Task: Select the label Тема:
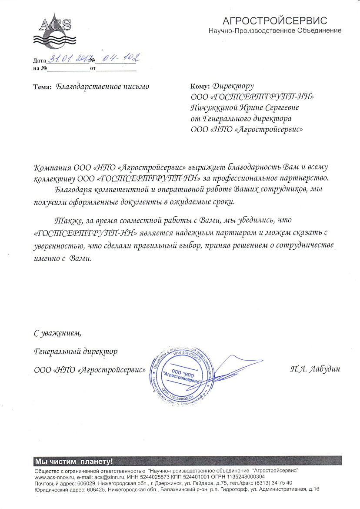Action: (x=42, y=87)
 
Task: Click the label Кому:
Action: (x=200, y=86)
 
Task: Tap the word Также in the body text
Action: (x=68, y=223)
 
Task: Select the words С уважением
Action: (x=57, y=334)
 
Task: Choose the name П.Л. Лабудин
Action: (x=315, y=369)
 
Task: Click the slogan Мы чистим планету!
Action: (x=73, y=461)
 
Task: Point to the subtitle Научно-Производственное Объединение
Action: (x=275, y=31)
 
